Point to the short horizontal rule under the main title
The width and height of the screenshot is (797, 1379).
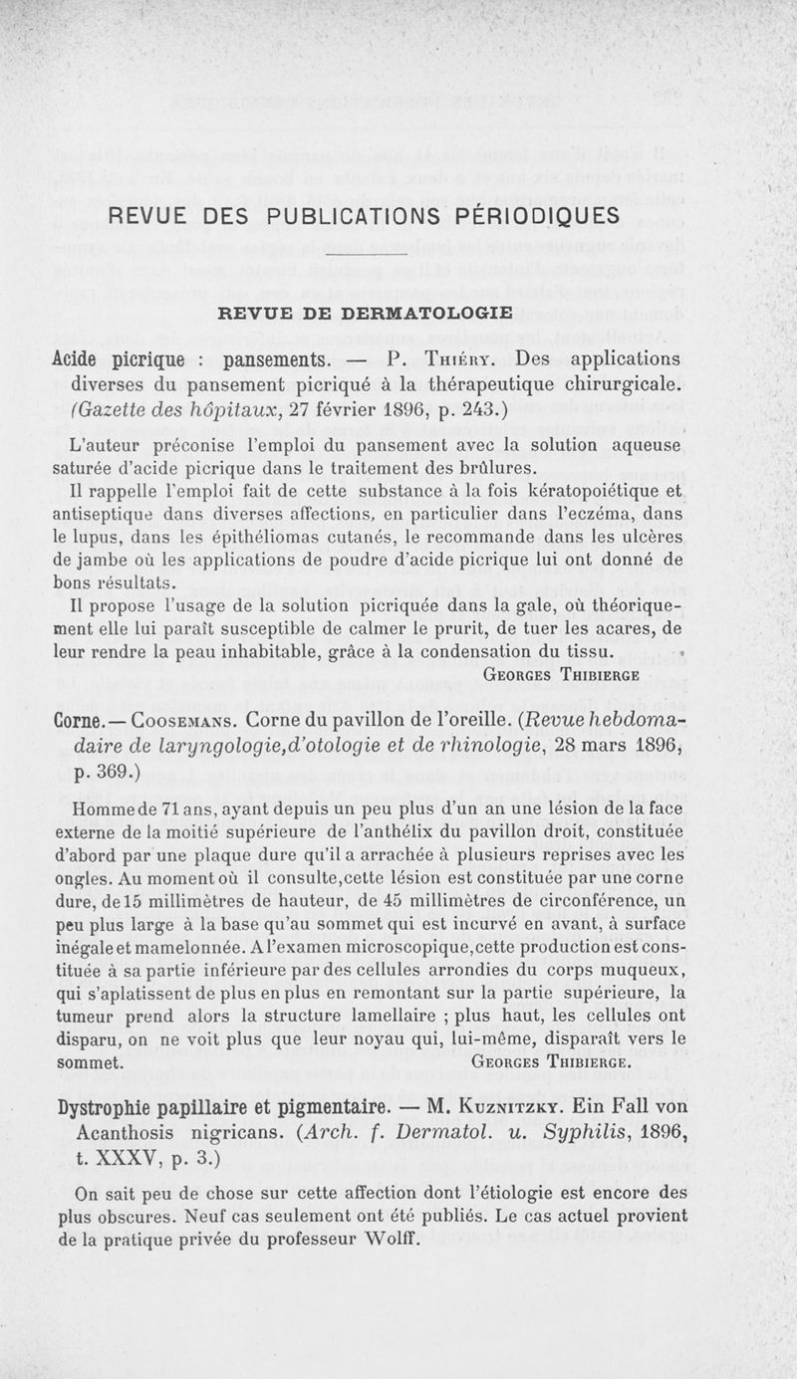coord(367,254)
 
